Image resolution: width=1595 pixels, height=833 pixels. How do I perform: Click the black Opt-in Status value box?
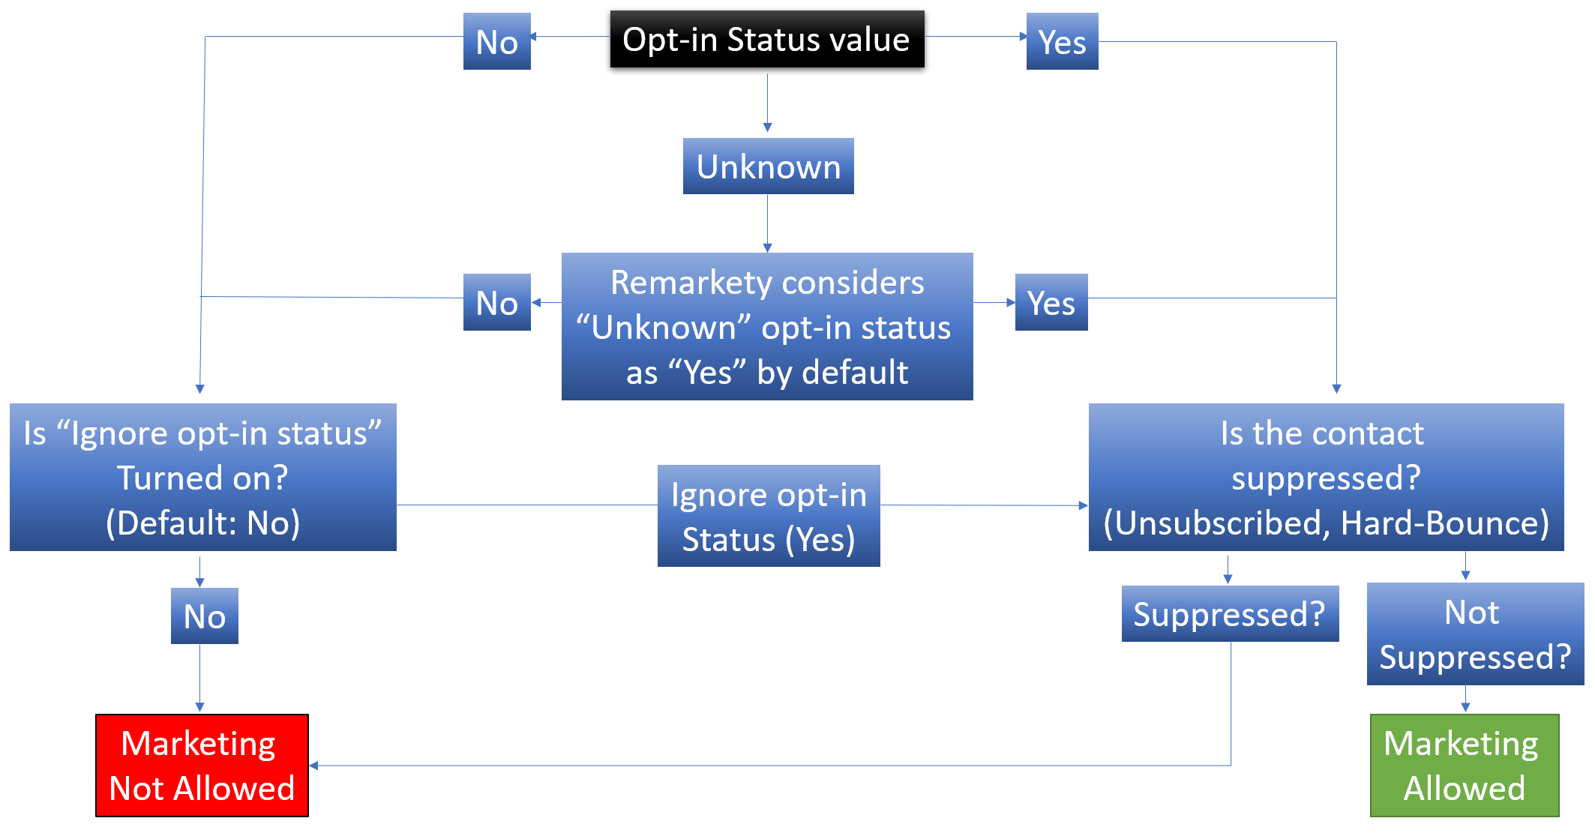767,39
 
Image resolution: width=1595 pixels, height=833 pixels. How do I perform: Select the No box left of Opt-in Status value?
497,41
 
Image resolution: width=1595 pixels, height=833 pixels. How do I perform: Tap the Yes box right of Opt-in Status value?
1062,41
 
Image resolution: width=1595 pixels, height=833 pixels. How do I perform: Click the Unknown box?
769,166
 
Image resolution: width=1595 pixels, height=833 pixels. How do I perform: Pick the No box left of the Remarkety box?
497,302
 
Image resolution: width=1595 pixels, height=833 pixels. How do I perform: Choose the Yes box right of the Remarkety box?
1051,302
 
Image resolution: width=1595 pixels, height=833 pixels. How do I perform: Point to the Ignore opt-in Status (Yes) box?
769,516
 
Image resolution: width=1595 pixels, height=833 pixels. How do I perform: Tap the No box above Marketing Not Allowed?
205,616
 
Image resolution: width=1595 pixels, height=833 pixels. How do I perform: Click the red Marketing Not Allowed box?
202,766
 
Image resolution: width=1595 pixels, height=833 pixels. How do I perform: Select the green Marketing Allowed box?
1465,766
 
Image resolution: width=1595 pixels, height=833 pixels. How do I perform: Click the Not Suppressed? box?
1475,634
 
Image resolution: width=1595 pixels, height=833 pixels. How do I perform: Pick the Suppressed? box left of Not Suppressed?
1230,613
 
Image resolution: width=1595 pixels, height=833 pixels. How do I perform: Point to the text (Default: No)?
202,523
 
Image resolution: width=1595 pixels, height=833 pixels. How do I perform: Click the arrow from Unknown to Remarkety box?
767,223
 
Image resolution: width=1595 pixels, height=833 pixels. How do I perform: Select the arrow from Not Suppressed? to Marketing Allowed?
1465,699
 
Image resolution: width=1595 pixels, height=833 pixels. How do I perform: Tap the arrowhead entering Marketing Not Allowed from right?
314,766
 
